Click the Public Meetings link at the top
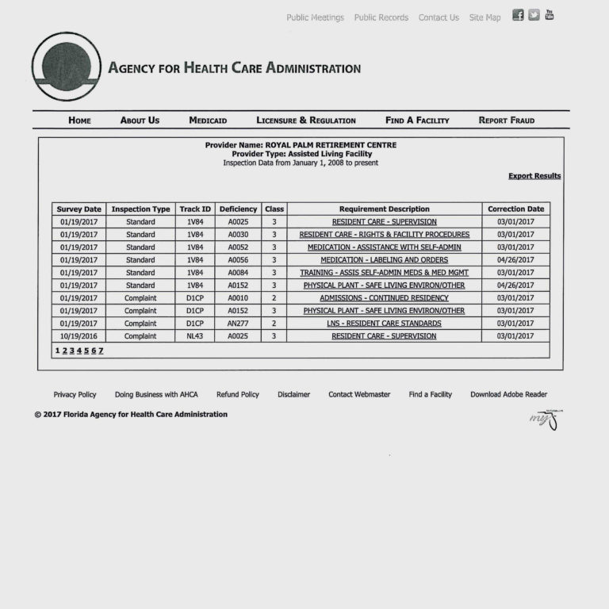tap(315, 17)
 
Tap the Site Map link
tap(485, 17)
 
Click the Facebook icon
tap(518, 15)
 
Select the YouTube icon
tap(550, 15)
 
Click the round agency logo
tap(67, 67)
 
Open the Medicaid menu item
tap(208, 121)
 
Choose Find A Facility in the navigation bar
tap(417, 121)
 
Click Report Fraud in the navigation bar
tap(506, 121)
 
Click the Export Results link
tap(534, 176)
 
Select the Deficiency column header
tap(238, 209)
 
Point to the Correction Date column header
tap(515, 209)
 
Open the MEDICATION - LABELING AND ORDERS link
tap(384, 260)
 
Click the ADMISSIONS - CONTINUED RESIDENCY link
tap(384, 298)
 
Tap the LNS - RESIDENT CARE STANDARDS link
tap(384, 324)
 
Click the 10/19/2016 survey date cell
tap(79, 336)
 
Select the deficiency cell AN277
tap(238, 324)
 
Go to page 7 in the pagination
tap(101, 350)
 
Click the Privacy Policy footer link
tap(75, 394)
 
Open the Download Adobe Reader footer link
tap(508, 394)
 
